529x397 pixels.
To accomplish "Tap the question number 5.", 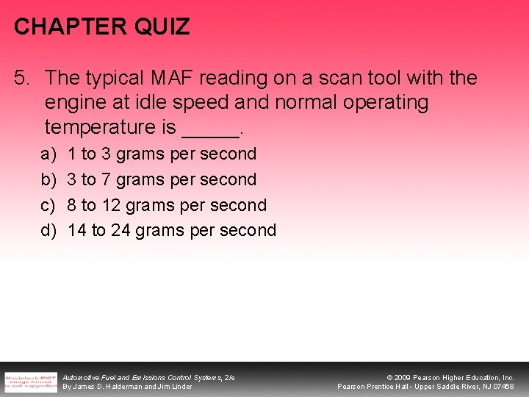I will [22, 77].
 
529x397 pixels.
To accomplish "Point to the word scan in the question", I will [332, 77].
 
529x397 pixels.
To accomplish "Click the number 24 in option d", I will [121, 230].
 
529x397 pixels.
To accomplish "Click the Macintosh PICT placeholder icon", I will [31, 382].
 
